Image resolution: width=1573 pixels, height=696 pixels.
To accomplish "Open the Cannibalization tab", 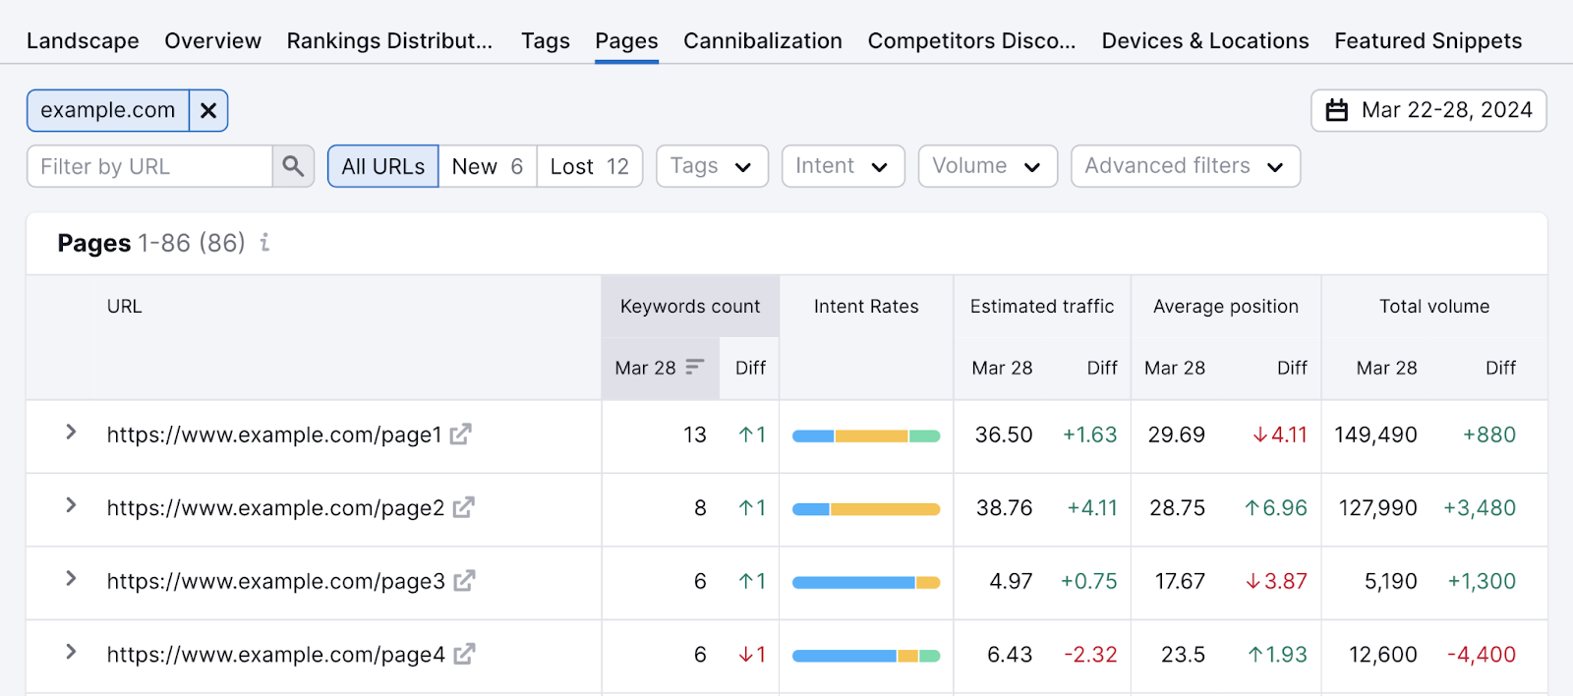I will tap(762, 41).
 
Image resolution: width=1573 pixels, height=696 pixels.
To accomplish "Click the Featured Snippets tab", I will tap(1427, 41).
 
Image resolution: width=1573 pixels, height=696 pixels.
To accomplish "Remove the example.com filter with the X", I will tap(208, 110).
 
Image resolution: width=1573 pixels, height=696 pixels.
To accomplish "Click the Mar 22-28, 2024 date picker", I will tap(1428, 110).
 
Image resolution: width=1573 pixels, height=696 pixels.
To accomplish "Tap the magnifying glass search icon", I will tap(293, 166).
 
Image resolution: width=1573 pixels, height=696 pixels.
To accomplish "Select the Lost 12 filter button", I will tap(589, 166).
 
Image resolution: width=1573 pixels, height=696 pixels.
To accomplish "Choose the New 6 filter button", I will tap(487, 166).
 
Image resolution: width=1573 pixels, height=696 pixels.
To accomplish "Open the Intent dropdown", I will tap(843, 166).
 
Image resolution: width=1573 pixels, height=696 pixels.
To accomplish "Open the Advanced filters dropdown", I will tap(1185, 166).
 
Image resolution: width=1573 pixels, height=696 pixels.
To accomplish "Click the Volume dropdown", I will tap(987, 166).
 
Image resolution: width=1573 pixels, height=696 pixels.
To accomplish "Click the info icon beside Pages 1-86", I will tap(264, 242).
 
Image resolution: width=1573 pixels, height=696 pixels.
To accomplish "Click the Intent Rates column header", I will tap(865, 307).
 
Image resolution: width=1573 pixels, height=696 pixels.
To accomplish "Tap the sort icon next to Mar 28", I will tap(695, 367).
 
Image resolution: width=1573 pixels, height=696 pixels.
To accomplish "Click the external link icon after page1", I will tap(461, 434).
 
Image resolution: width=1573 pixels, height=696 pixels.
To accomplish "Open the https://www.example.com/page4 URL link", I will tap(275, 655).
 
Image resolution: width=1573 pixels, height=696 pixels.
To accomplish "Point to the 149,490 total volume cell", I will tap(1375, 435).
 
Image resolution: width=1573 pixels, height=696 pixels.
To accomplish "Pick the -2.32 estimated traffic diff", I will tap(1090, 655).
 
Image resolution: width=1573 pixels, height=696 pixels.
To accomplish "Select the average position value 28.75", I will tap(1177, 508).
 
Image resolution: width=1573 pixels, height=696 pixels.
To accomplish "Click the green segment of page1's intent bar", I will tap(924, 435).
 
